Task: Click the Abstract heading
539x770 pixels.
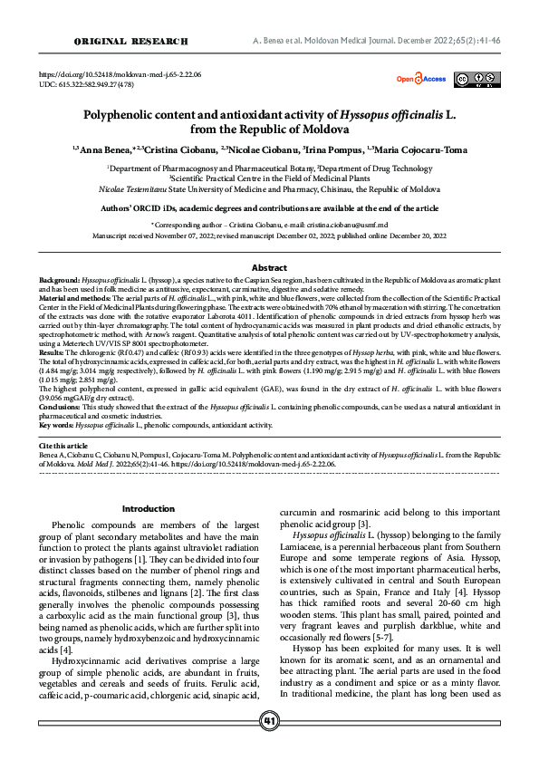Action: (x=269, y=268)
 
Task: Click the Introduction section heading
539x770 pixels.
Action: (x=148, y=509)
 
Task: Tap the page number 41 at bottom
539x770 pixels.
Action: (x=269, y=746)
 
